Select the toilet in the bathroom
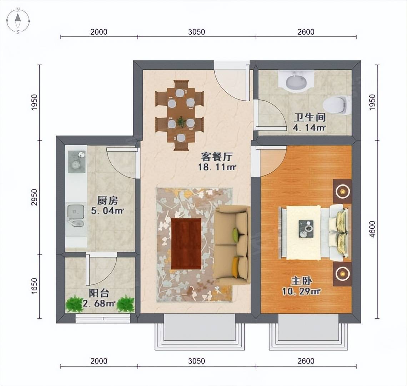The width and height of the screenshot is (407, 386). tap(336, 105)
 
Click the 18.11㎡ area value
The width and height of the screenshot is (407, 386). tap(217, 167)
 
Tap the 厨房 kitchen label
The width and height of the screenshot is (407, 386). tap(107, 200)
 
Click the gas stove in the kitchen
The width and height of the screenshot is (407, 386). tap(76, 160)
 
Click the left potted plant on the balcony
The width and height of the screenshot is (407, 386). tap(75, 304)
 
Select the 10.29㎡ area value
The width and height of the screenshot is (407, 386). tap(301, 291)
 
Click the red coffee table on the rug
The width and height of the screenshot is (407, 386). tap(186, 243)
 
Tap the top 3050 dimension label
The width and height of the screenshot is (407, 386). tap(196, 32)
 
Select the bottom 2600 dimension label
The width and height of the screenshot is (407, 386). tap(306, 361)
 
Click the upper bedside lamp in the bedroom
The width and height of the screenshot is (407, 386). tap(342, 191)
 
